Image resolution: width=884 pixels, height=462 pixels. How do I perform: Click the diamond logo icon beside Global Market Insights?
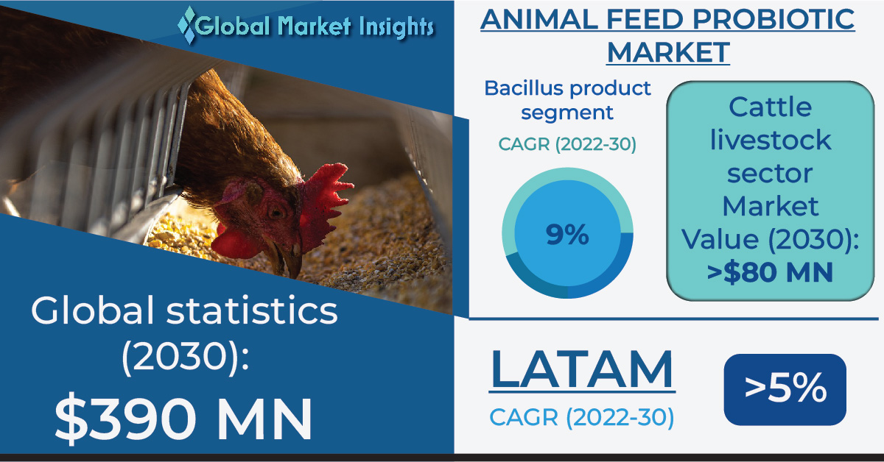coord(186,25)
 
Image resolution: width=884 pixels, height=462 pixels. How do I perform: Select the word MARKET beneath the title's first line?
coord(668,52)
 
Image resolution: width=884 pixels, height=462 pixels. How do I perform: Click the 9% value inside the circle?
coord(567,234)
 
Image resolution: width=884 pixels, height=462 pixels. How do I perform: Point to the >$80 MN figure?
coord(770,272)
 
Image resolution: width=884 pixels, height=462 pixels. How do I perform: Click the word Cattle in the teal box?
coord(770,107)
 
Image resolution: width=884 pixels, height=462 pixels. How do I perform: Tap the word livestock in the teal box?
coord(771,140)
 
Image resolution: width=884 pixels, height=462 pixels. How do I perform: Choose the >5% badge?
coord(785,389)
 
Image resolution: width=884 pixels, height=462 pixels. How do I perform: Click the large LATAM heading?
coord(582,370)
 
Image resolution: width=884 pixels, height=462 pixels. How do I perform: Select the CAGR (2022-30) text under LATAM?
coord(582,417)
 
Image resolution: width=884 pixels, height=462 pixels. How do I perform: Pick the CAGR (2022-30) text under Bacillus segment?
coord(567,144)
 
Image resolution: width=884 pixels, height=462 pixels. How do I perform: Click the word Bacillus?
coord(524,88)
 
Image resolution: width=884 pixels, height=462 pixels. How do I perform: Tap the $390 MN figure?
coord(183,418)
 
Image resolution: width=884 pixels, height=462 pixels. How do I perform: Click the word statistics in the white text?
coord(252,310)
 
